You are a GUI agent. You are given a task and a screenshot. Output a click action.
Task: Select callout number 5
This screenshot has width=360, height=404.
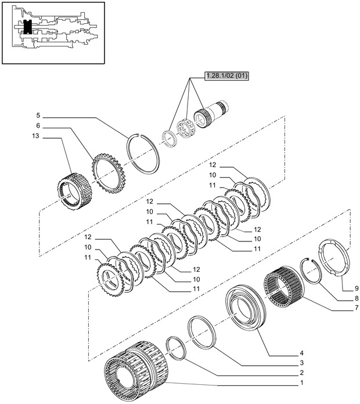point(37,116)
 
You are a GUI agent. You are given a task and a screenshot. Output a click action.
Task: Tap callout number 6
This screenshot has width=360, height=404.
point(37,126)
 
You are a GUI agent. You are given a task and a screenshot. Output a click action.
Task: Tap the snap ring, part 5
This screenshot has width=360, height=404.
point(145,150)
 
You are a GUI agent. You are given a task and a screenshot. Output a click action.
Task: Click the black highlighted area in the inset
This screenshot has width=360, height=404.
point(26,27)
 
